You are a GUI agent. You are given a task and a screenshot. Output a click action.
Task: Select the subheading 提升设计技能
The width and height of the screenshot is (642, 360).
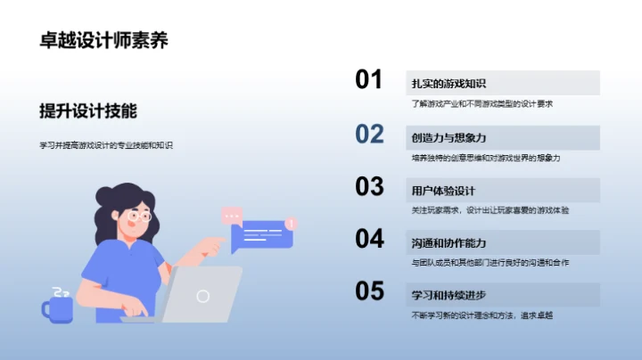click(88, 110)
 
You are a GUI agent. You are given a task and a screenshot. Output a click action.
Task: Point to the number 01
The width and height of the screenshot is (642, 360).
click(369, 80)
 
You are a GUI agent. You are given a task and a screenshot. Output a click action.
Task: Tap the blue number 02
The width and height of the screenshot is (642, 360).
click(369, 134)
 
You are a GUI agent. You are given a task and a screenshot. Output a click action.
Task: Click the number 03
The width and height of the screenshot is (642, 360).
click(369, 186)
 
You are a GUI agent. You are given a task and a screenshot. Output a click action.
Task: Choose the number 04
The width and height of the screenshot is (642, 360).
click(369, 239)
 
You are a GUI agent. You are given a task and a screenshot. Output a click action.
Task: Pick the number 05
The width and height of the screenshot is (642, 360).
click(369, 291)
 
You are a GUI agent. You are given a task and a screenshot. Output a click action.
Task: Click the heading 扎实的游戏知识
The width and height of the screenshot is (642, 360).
click(449, 84)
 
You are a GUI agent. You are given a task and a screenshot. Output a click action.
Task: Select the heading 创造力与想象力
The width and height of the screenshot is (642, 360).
click(449, 138)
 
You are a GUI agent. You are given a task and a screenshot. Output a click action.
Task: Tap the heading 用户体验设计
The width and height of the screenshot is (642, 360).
click(443, 191)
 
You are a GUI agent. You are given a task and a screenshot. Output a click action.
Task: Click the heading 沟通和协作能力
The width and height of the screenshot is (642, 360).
click(449, 242)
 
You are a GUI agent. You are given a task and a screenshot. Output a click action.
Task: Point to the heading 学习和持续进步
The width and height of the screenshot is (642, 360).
click(449, 296)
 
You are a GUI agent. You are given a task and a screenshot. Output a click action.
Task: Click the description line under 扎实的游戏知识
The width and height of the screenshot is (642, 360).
click(482, 103)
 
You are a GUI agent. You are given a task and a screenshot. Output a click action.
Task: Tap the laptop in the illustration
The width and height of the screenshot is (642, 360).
click(203, 294)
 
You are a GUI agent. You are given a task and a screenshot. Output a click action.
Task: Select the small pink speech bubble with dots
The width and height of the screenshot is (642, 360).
click(232, 215)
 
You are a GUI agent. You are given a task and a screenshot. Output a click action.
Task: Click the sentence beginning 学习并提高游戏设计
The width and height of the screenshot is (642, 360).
click(106, 144)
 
